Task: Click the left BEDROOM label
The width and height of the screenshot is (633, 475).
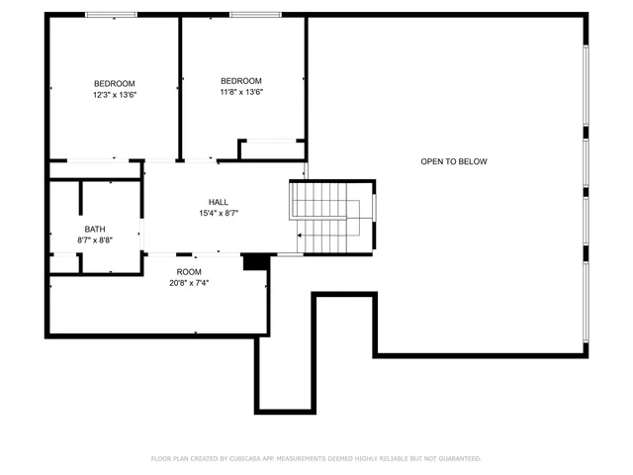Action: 115,83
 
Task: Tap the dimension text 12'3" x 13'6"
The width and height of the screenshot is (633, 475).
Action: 115,95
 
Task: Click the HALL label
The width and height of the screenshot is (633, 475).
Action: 219,202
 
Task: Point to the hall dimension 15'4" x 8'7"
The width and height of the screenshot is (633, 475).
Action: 219,213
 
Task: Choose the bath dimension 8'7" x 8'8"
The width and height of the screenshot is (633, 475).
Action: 94,239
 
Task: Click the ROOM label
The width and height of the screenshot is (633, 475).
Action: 189,271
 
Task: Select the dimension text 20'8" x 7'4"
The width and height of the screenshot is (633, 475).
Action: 189,282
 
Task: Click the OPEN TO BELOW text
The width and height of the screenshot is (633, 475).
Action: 454,161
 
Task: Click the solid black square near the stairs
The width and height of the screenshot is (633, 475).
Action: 255,261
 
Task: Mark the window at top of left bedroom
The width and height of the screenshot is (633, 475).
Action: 111,15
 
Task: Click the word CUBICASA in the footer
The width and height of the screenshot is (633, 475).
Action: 226,458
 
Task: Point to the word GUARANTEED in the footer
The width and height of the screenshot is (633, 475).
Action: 457,458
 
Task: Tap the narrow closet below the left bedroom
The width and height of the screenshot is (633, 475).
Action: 96,169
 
